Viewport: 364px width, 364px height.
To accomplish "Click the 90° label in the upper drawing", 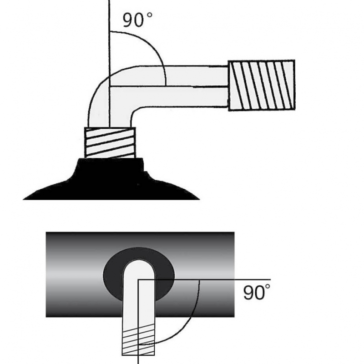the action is tap(137, 20).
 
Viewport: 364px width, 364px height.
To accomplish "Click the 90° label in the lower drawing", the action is tap(257, 292).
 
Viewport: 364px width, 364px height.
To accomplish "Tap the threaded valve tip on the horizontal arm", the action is tap(262, 85).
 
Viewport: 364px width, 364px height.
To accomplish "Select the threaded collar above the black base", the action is tap(110, 142).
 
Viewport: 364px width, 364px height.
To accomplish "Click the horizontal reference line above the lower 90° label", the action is tap(204, 279).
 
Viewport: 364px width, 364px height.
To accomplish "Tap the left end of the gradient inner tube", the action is tap(46, 274).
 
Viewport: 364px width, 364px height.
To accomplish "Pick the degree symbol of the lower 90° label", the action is tap(268, 286).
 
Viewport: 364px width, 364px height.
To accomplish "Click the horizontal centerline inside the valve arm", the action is tap(168, 86).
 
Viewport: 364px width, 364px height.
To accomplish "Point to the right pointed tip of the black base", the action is tap(200, 199).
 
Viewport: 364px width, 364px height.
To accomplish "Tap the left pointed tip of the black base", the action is tap(23, 199).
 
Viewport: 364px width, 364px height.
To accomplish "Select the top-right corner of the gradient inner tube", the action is tap(234, 232).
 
